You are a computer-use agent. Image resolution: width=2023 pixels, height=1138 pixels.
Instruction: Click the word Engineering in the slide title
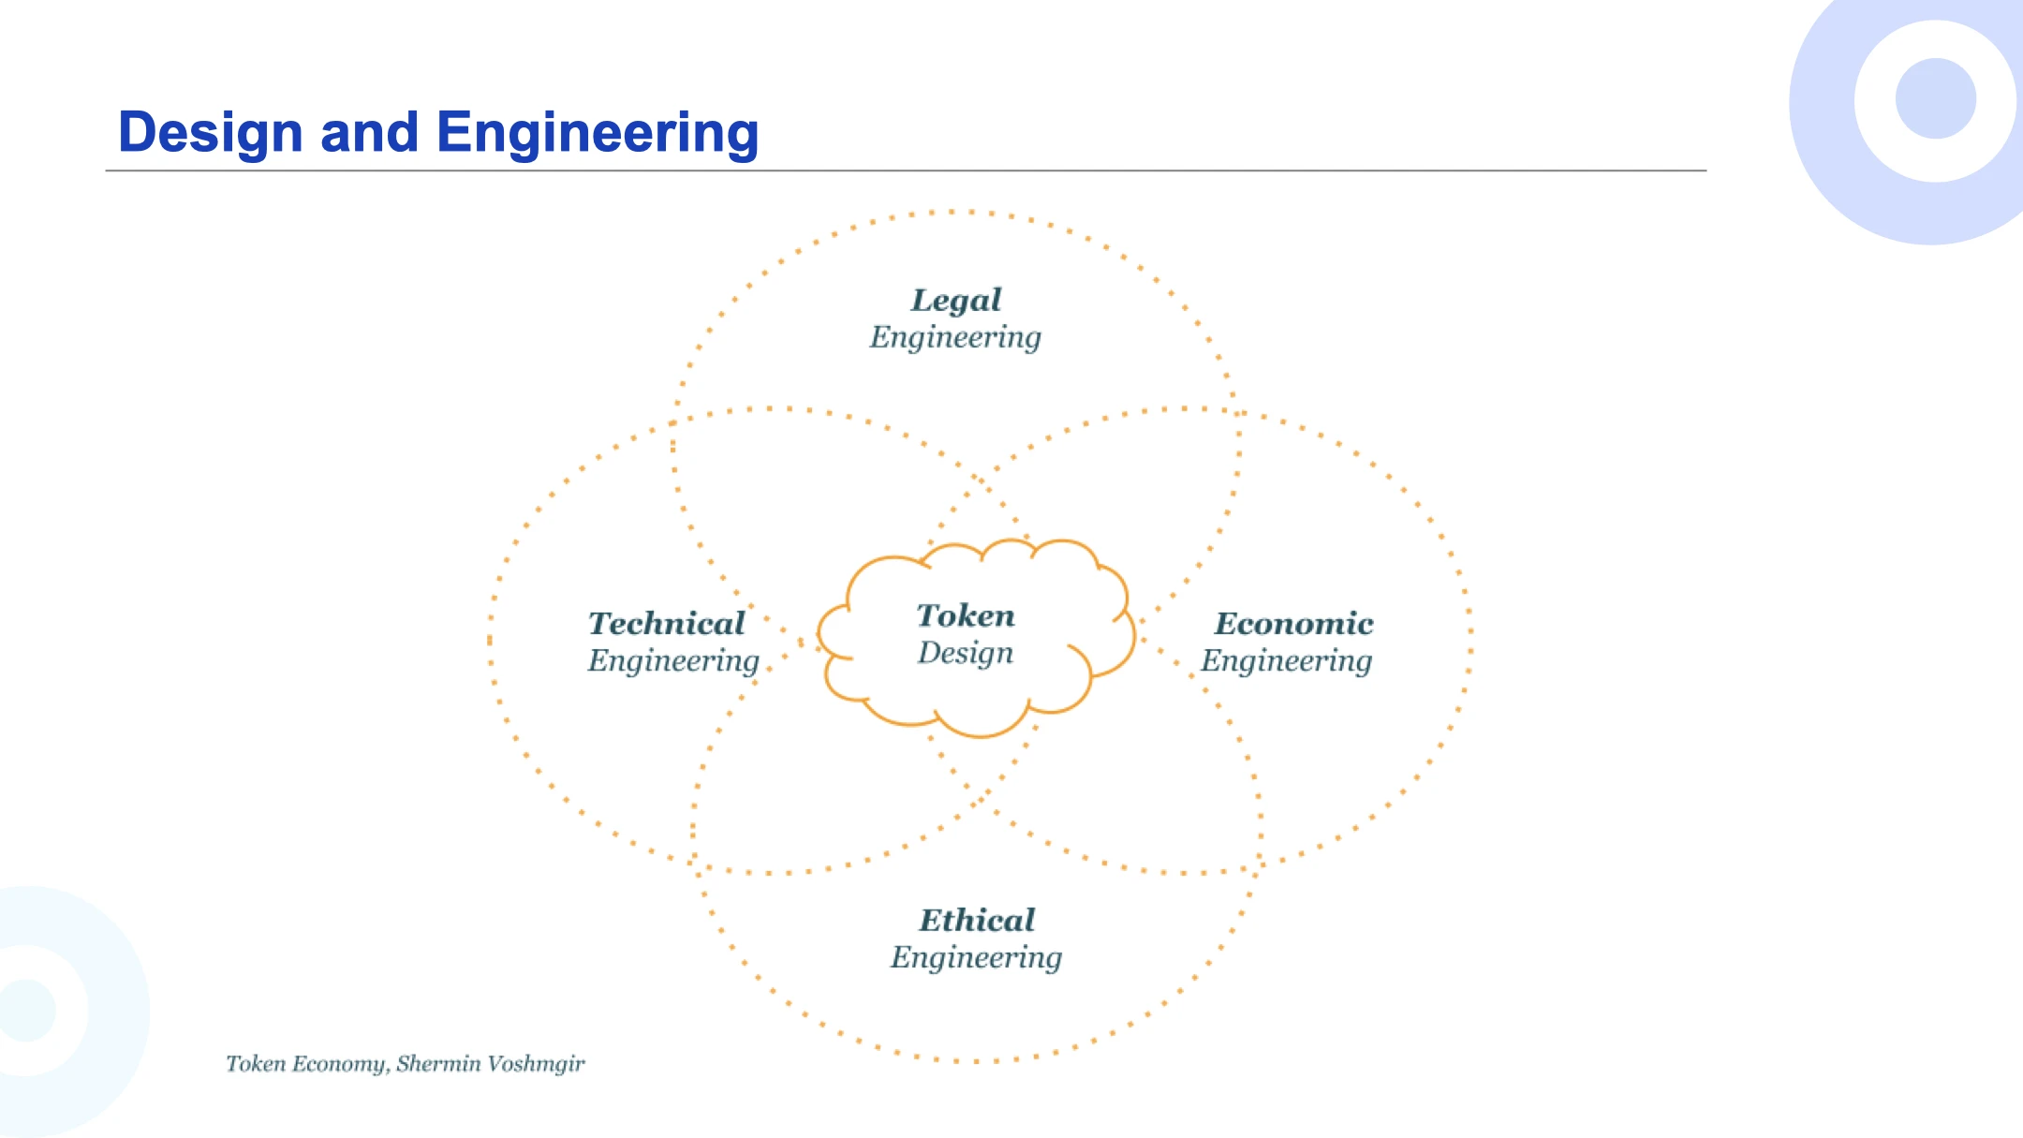tap(597, 132)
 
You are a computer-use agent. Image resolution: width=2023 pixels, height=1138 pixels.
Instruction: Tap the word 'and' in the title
tap(369, 132)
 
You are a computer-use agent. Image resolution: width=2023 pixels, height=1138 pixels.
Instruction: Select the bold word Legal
tap(956, 300)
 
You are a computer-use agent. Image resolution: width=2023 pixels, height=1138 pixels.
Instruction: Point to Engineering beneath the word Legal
tap(955, 337)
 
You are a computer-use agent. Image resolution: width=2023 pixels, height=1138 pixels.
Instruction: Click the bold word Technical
tap(666, 623)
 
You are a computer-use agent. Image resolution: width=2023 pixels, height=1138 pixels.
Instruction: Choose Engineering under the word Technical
tap(673, 661)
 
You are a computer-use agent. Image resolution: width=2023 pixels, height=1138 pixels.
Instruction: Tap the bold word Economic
tap(1293, 623)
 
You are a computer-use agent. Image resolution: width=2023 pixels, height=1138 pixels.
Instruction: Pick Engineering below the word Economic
tap(1287, 661)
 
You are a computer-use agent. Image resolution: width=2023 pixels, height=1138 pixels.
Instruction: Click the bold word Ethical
tap(977, 920)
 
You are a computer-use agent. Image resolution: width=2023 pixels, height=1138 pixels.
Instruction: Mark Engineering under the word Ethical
tap(976, 958)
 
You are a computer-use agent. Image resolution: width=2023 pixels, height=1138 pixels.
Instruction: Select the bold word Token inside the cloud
tap(966, 615)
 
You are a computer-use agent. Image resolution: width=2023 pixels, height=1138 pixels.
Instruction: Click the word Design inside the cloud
tap(965, 653)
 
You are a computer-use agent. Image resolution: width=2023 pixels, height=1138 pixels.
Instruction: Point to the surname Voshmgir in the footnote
tap(537, 1064)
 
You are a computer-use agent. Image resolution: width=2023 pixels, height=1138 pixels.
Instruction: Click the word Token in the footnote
tap(256, 1064)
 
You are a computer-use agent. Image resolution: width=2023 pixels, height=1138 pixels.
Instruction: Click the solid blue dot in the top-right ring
tap(1935, 98)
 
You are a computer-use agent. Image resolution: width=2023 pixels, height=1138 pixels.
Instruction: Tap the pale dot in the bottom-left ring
tap(26, 1011)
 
